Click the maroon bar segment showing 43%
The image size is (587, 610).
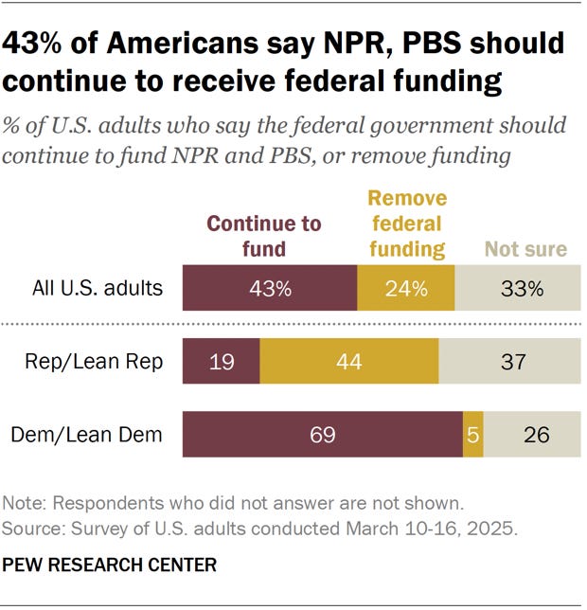[x=270, y=288]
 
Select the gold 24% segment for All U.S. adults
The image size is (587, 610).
[x=405, y=288]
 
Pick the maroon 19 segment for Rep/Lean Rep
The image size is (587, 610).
[x=221, y=361]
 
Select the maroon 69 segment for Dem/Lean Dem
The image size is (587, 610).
[x=323, y=435]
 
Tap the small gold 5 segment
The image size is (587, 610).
[x=473, y=435]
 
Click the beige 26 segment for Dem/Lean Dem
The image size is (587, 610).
[x=537, y=435]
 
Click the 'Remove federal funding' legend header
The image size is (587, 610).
[x=406, y=224]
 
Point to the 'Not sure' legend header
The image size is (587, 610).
[x=525, y=249]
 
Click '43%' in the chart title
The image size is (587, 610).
[x=39, y=45]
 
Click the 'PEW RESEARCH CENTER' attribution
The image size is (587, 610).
[x=110, y=565]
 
